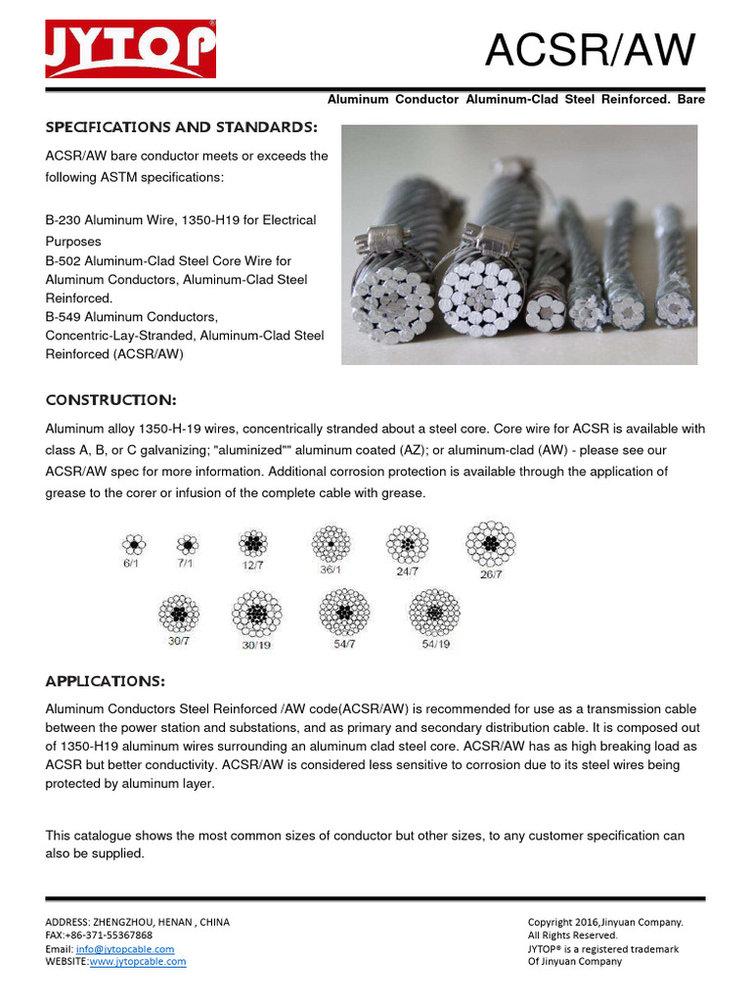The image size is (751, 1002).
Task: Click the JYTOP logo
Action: tap(130, 48)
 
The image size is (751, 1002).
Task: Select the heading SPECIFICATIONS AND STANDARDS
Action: tap(182, 128)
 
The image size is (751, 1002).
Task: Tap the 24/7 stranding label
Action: tap(408, 571)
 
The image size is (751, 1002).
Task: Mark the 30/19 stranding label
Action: tap(256, 645)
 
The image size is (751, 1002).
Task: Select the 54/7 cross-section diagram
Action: tap(344, 613)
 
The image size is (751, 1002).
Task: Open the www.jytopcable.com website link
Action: tap(138, 962)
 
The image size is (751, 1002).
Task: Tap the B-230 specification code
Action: tap(64, 220)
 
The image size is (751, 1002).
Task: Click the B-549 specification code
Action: tap(64, 317)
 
